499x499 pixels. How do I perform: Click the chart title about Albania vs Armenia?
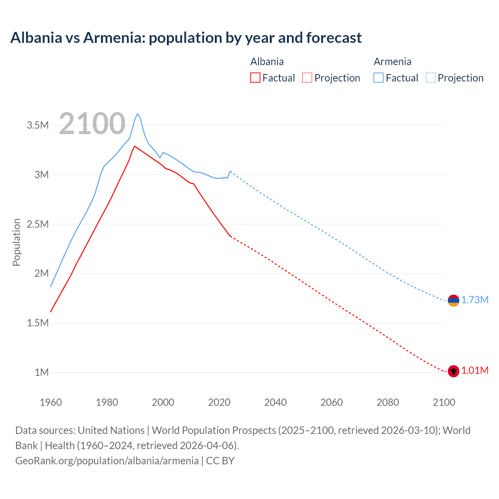[x=186, y=38]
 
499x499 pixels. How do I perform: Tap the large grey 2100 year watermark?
[x=92, y=124]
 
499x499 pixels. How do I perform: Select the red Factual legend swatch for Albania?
[x=255, y=78]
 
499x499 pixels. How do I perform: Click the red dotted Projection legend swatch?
[x=307, y=78]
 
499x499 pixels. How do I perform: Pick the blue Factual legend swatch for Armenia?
[x=378, y=78]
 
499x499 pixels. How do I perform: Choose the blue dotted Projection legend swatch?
[x=431, y=78]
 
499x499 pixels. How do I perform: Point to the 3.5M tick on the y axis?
[x=38, y=125]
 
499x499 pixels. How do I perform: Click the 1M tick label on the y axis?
[x=42, y=372]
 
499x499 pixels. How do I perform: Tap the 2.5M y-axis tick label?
[x=38, y=224]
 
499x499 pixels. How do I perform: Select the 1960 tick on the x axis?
[x=51, y=402]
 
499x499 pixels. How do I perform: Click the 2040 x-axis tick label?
[x=275, y=402]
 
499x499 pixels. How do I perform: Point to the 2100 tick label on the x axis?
[x=444, y=402]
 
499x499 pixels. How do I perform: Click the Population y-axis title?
[x=16, y=242]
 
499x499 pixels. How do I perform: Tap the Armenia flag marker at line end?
[x=453, y=300]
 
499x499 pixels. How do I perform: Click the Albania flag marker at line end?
[x=453, y=371]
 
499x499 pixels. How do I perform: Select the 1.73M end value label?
[x=475, y=300]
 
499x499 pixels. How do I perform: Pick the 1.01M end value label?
[x=475, y=371]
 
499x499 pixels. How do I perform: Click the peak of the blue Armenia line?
[x=137, y=114]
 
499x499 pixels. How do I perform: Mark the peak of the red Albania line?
[x=134, y=146]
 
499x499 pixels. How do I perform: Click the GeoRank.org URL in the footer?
[x=107, y=461]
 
